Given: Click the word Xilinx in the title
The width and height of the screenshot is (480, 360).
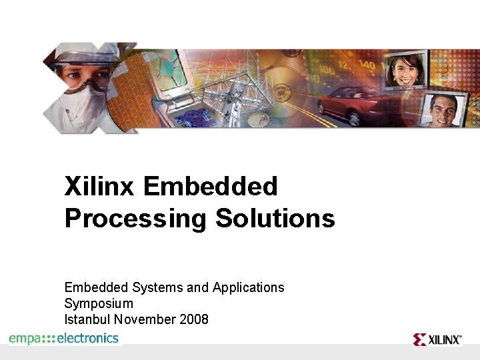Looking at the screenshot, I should point(100,187).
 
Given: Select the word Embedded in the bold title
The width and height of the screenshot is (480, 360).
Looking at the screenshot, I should point(210,187).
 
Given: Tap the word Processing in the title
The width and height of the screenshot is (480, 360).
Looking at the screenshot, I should point(135,219).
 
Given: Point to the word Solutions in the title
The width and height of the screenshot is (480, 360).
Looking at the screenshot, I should point(275,218).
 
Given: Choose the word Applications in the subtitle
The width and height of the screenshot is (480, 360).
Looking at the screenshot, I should point(248,287).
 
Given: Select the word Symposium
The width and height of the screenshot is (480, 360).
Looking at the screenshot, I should point(99,303).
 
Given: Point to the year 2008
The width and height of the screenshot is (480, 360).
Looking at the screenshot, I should point(194,319).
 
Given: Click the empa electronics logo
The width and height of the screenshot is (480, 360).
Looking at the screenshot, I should point(64,339).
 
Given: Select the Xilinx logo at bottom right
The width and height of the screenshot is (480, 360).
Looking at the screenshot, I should point(437,339).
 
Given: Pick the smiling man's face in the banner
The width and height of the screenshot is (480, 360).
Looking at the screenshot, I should point(441,108).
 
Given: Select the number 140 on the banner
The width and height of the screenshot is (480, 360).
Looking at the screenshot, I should point(366,65).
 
